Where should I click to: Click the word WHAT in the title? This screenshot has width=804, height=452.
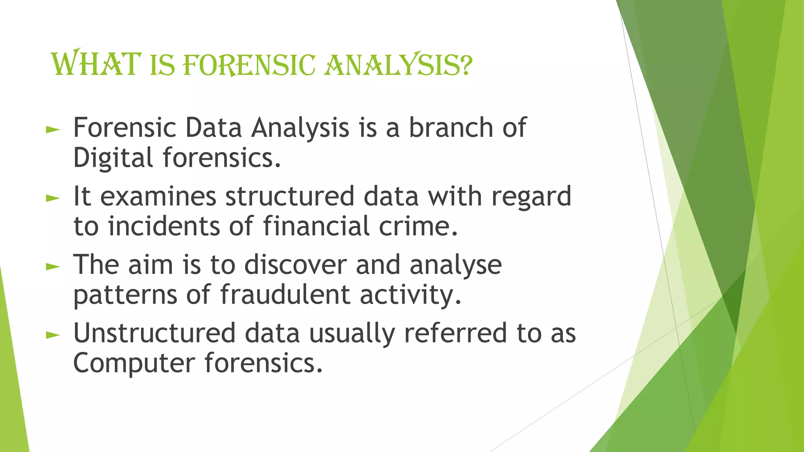[x=96, y=64]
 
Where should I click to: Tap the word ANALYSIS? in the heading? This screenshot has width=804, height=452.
[x=398, y=64]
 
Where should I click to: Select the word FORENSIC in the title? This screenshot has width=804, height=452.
[x=249, y=65]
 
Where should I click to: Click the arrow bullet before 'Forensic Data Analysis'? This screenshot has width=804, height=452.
[x=53, y=129]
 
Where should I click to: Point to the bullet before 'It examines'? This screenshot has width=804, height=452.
[x=53, y=198]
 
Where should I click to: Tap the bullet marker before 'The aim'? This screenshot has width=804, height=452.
[x=53, y=267]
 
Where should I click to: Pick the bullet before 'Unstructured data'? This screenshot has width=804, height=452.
[x=53, y=335]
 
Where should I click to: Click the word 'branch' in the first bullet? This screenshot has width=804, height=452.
[x=451, y=128]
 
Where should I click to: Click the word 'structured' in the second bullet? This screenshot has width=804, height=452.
[x=290, y=196]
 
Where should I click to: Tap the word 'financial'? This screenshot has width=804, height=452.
[x=316, y=226]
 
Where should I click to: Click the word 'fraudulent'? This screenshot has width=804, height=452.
[x=285, y=295]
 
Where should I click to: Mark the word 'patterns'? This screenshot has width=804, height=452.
[x=125, y=295]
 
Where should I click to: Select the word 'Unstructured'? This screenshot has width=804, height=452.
[x=154, y=334]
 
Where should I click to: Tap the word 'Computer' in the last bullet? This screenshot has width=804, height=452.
[x=134, y=363]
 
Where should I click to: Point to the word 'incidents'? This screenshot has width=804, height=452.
[x=164, y=226]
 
